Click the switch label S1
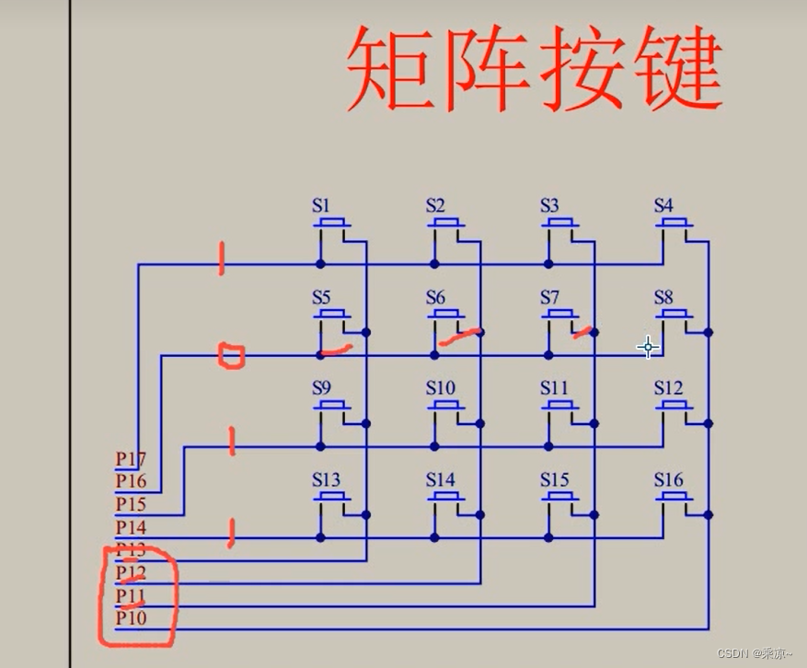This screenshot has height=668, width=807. [320, 206]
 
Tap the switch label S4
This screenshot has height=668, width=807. [663, 206]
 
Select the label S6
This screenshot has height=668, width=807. [435, 297]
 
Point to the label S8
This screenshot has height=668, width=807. [663, 297]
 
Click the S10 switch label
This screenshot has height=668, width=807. [440, 388]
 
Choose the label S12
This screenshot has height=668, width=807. [668, 388]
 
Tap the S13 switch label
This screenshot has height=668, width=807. [326, 479]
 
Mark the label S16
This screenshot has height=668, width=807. [668, 479]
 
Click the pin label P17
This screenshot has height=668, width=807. [131, 457]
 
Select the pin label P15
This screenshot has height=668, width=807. [131, 503]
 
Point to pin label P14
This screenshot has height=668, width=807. [131, 526]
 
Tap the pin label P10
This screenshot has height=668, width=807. [131, 617]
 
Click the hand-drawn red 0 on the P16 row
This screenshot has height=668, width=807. [230, 355]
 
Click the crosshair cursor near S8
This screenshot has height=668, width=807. [648, 347]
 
